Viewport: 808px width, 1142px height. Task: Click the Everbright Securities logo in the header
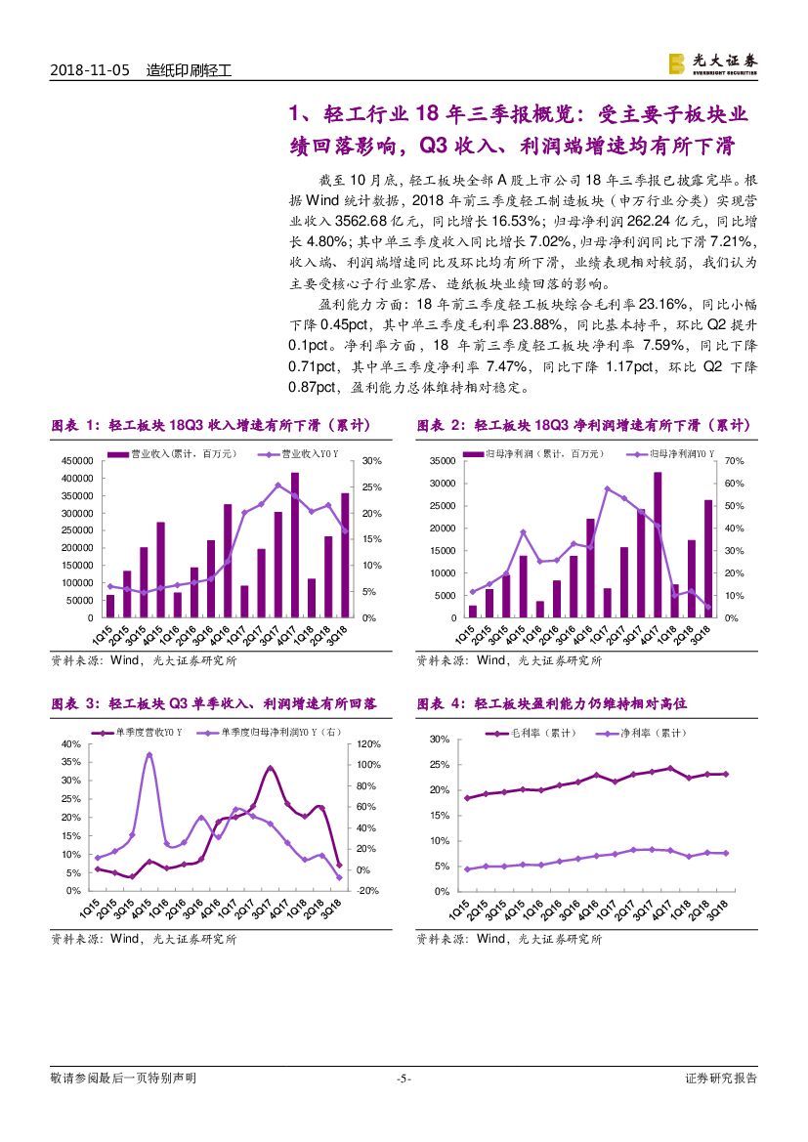[711, 63]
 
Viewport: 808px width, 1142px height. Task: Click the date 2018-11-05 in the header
[89, 70]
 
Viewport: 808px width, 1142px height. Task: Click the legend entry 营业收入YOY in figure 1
[302, 454]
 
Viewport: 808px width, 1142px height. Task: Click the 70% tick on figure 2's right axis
[735, 461]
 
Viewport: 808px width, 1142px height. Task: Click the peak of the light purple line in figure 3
[149, 754]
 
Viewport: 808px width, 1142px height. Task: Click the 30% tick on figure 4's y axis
[440, 740]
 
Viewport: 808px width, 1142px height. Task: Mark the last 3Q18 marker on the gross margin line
[725, 774]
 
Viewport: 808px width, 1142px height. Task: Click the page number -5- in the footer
[404, 1079]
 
